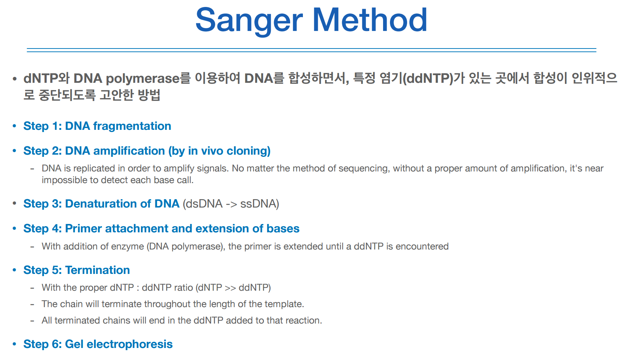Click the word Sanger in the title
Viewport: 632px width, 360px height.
(249, 21)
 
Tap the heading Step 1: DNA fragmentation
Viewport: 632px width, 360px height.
(97, 126)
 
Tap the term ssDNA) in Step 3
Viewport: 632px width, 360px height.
(260, 204)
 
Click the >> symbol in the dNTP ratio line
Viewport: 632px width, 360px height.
(230, 288)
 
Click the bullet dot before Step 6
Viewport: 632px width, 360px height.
(15, 344)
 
